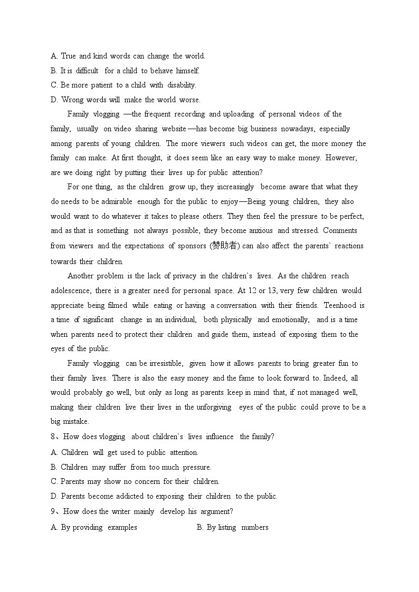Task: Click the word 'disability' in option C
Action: point(181,85)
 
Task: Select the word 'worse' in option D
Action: point(189,100)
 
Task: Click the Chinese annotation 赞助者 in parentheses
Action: point(224,246)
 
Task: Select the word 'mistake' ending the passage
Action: point(76,421)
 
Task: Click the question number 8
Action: point(53,436)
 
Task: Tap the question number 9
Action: point(53,511)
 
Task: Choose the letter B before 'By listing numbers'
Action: point(199,527)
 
